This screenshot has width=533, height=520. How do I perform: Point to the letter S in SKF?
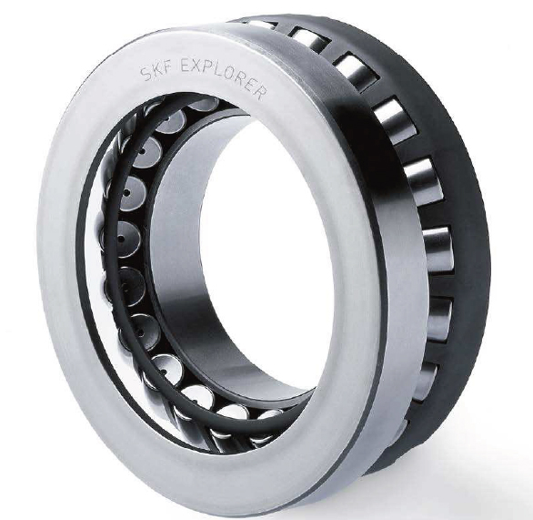(146, 75)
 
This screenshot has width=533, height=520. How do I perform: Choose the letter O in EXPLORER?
(231, 74)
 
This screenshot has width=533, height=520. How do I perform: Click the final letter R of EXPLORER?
(260, 92)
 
